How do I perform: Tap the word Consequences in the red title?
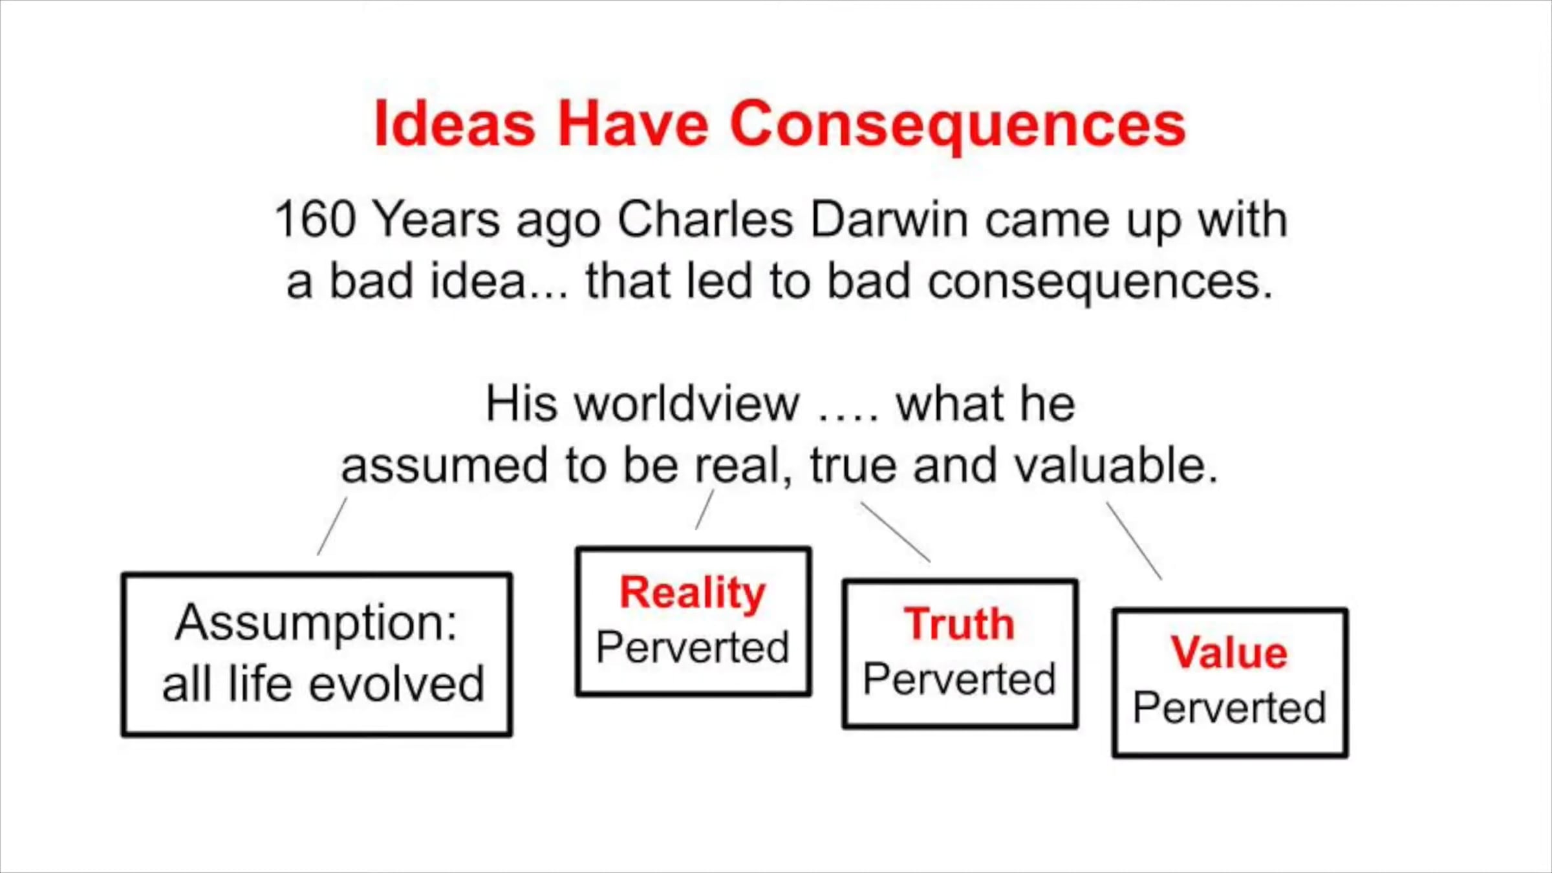point(958,127)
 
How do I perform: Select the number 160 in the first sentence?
point(315,219)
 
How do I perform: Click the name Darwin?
point(889,219)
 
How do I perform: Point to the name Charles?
point(705,219)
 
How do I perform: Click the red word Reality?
point(693,593)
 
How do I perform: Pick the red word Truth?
point(959,624)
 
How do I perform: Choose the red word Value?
point(1229,652)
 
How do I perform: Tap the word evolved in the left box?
point(397,684)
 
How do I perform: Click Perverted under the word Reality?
point(693,647)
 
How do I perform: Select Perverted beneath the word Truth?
point(960,679)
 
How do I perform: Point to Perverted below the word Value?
point(1229,707)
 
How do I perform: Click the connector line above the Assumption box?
point(332,526)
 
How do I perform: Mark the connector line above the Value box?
point(1134,541)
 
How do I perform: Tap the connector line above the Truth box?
point(895,532)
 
